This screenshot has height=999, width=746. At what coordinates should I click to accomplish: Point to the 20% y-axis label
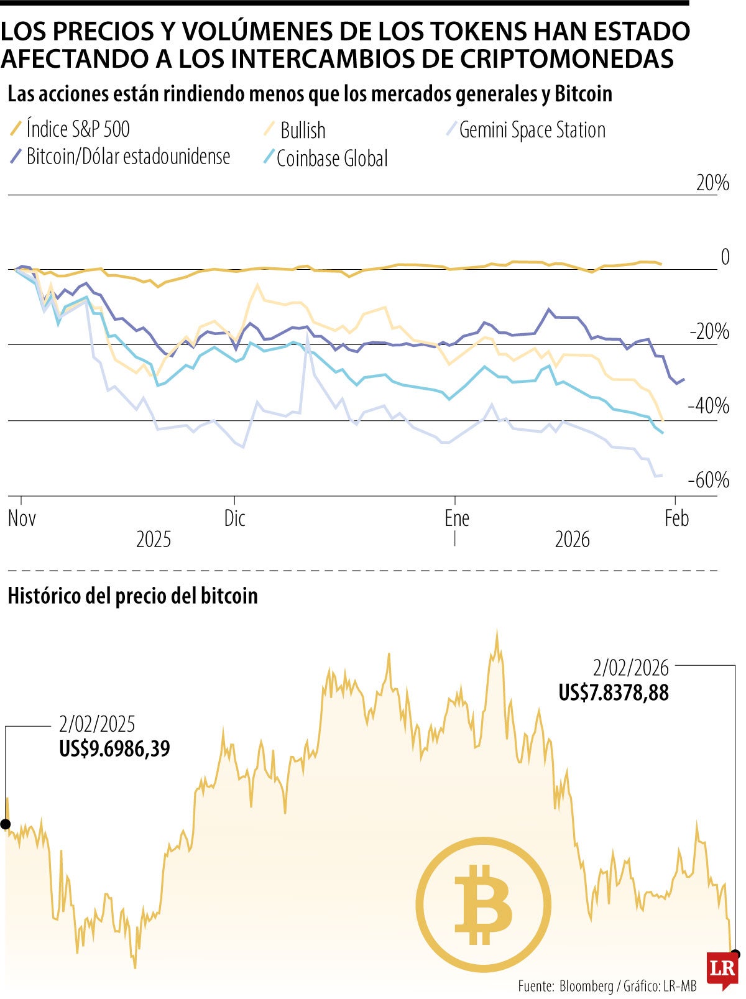pos(712,183)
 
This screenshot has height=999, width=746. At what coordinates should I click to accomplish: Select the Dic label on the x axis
pos(235,518)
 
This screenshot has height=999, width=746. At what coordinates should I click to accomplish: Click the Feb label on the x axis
pos(676,518)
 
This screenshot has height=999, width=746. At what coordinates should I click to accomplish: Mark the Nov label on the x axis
pos(22,518)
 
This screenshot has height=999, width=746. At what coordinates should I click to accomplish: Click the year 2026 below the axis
pos(572,540)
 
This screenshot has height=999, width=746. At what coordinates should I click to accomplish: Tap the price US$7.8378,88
pos(613,693)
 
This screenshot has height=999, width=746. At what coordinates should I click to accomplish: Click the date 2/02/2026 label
pos(630,668)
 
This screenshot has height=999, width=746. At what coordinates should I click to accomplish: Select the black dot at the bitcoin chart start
pos(6,824)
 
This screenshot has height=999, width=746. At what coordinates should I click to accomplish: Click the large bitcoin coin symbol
pos(483,905)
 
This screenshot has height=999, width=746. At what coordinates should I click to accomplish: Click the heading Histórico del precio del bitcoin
pos(132,596)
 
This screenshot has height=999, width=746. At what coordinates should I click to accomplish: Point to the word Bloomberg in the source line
pos(586,986)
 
